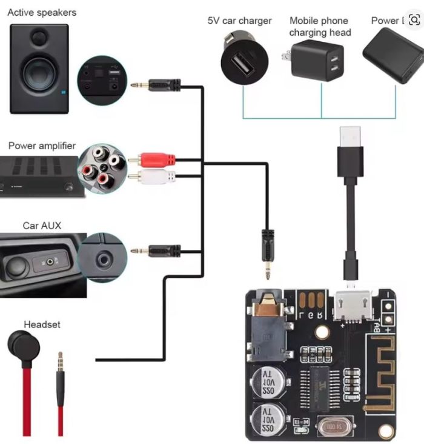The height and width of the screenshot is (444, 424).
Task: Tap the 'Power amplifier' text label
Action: coord(42,146)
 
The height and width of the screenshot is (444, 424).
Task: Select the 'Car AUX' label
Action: coord(42,226)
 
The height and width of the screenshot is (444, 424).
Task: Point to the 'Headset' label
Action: coord(42,325)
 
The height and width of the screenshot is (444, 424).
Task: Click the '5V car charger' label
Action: coord(240,21)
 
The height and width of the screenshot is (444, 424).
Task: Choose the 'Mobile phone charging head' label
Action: coord(320,26)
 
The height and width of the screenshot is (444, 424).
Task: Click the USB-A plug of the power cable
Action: coord(350,136)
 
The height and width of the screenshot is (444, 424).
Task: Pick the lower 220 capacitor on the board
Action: coord(267,419)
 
